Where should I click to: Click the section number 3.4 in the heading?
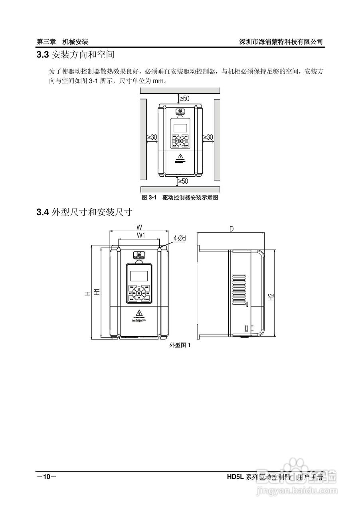tap(42, 212)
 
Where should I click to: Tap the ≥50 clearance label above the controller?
tap(184, 98)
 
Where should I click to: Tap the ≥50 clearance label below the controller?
tap(183, 181)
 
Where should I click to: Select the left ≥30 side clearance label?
tap(152, 137)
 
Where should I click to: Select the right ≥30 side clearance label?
tap(208, 137)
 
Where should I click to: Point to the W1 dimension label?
tap(140, 235)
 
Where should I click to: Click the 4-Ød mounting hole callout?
tap(180, 238)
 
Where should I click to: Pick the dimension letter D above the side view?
tap(231, 229)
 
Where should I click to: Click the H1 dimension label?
tap(97, 292)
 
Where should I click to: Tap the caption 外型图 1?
tap(180, 345)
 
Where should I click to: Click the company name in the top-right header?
tap(281, 42)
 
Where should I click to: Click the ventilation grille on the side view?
tap(240, 286)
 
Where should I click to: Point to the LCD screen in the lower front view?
tap(139, 275)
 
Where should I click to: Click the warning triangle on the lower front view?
tap(139, 312)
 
